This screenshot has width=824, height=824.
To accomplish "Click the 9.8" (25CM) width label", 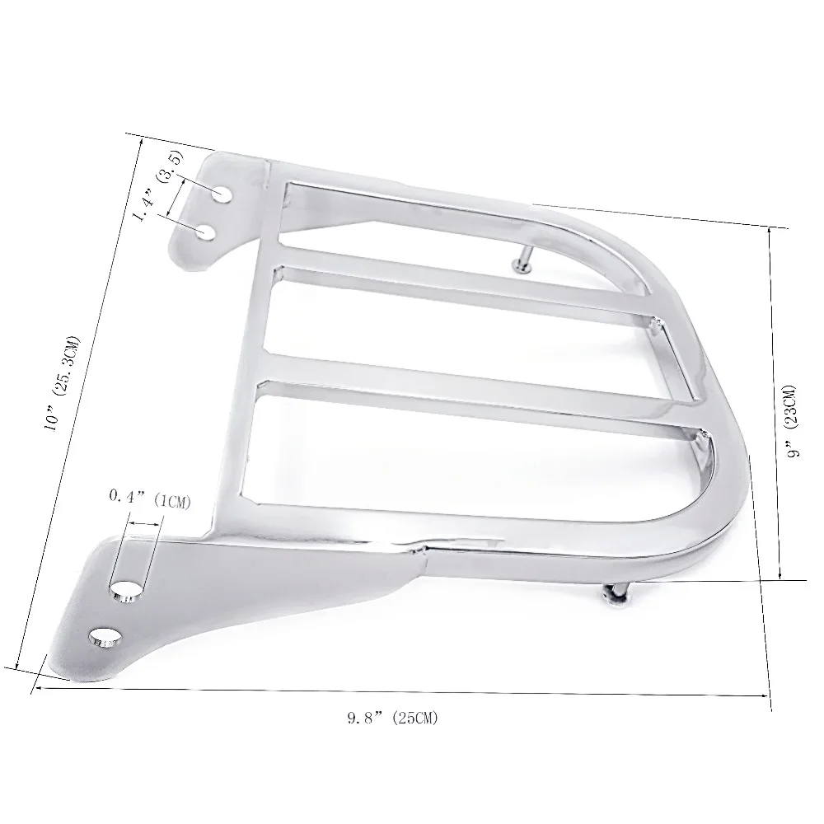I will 392,718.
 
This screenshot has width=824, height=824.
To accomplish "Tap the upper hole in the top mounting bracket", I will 222,192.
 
